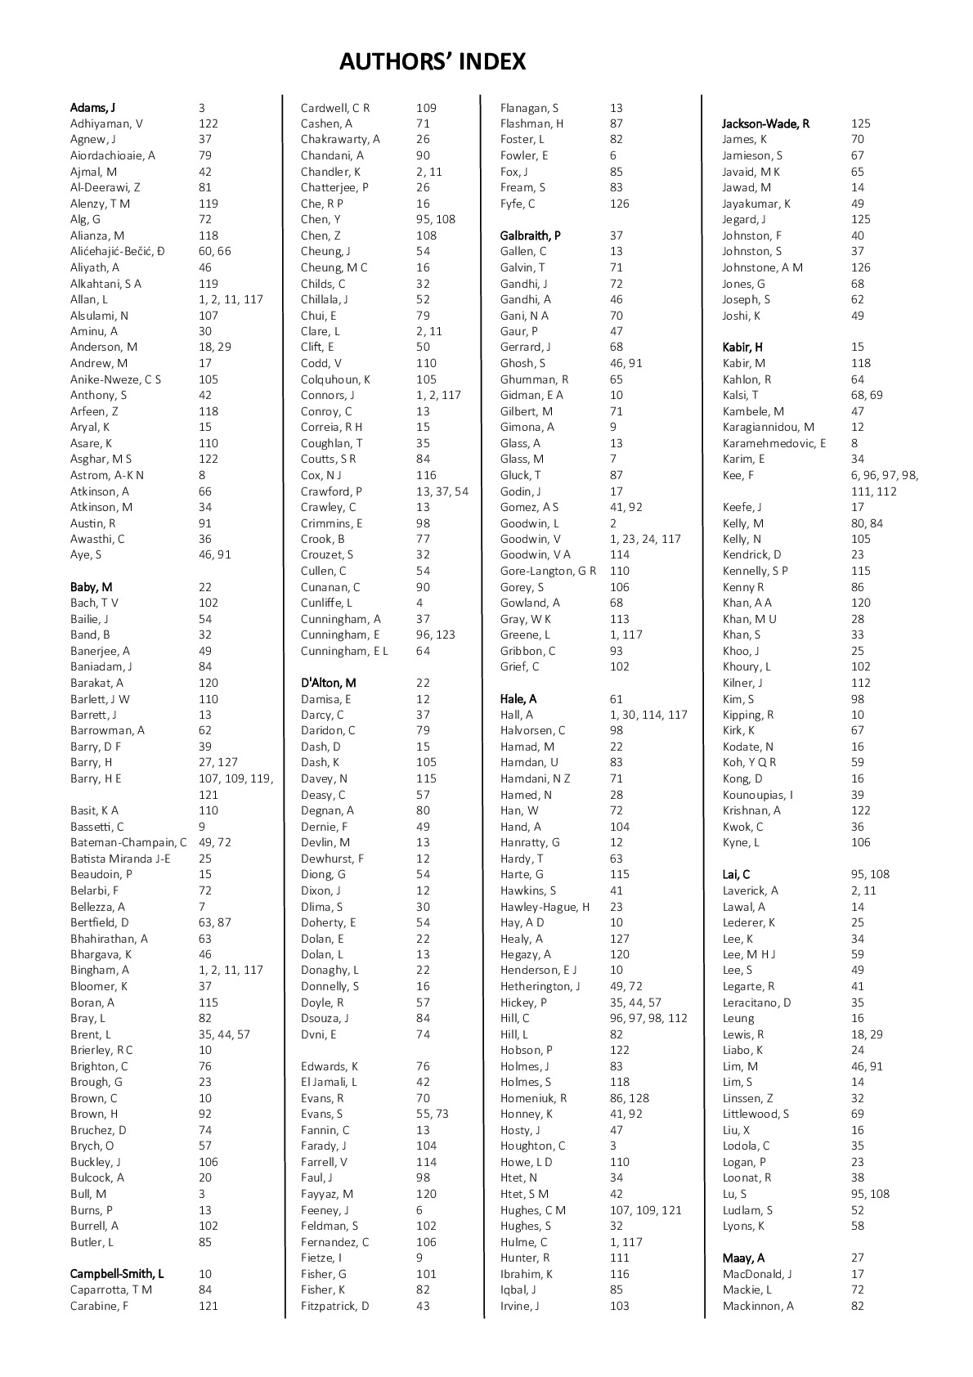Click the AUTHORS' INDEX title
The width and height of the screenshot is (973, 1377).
(433, 62)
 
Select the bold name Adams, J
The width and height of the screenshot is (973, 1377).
(92, 108)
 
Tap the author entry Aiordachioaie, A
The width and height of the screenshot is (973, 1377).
(113, 155)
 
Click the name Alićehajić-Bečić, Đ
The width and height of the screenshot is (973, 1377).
(117, 251)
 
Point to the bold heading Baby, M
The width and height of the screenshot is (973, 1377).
(92, 587)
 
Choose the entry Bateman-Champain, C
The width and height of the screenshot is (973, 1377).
(128, 842)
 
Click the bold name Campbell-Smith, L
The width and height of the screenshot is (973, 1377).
(117, 1274)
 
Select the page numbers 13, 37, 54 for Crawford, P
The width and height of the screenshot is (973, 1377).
(442, 491)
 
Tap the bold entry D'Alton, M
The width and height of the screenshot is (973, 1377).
(328, 683)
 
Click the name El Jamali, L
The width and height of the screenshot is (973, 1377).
(329, 1082)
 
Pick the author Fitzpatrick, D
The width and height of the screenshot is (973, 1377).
(334, 1306)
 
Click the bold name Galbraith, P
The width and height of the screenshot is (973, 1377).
(531, 235)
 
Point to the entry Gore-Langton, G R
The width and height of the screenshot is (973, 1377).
(548, 571)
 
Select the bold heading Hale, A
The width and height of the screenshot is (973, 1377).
(518, 699)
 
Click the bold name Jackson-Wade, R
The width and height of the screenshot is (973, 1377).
(766, 123)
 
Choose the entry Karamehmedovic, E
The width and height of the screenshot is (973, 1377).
(774, 443)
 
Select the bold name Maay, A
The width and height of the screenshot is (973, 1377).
(743, 1258)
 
